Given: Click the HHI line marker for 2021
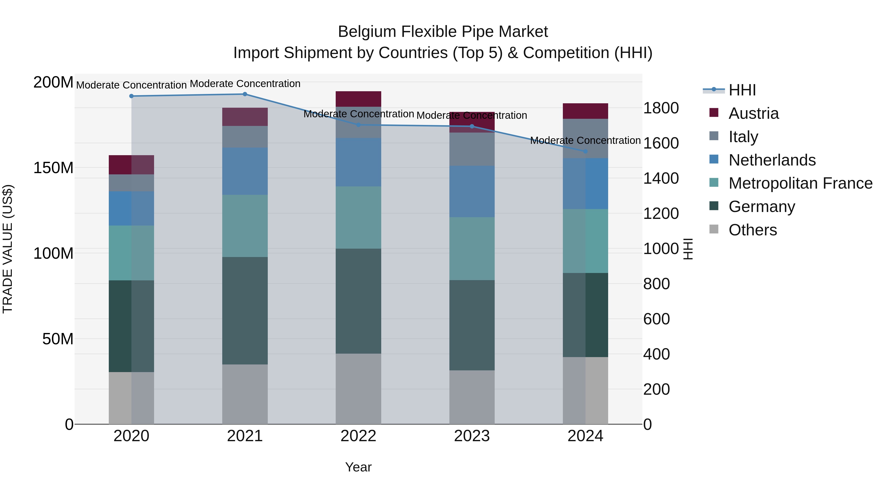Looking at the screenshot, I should (245, 94).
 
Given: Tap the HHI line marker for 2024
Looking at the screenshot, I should (585, 151).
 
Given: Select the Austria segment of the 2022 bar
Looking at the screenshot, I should (358, 99).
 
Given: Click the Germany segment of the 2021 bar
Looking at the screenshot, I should (245, 311).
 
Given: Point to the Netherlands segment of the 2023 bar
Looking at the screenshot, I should (472, 191).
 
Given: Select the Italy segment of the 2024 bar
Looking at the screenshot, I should (585, 138).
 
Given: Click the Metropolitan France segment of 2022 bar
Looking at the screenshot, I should (358, 218).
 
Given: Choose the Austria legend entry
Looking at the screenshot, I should (753, 113).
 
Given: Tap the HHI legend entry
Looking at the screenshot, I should (742, 90).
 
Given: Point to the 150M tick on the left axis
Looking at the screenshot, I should (53, 168).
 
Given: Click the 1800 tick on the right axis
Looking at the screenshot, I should (661, 108).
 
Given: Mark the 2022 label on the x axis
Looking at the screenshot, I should (358, 436).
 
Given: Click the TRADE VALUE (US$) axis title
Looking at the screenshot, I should (8, 249).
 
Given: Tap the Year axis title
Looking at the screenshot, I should (358, 467).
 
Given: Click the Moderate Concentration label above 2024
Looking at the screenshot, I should (585, 141).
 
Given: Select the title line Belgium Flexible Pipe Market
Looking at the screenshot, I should (443, 32).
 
